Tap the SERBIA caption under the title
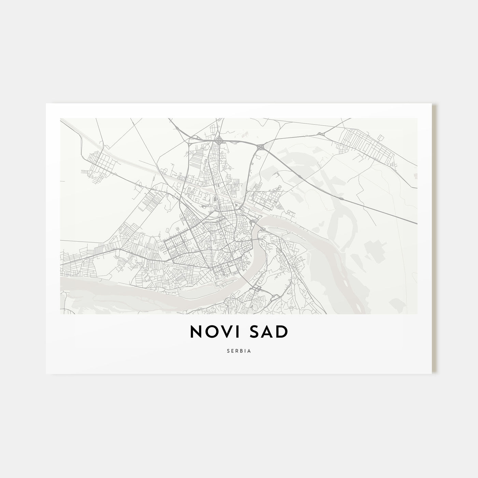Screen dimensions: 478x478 point(239,351)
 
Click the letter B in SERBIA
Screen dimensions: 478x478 point(241,351)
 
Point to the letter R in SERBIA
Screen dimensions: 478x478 point(237,351)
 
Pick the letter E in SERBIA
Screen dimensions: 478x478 point(232,351)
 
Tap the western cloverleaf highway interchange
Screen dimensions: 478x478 point(219,140)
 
